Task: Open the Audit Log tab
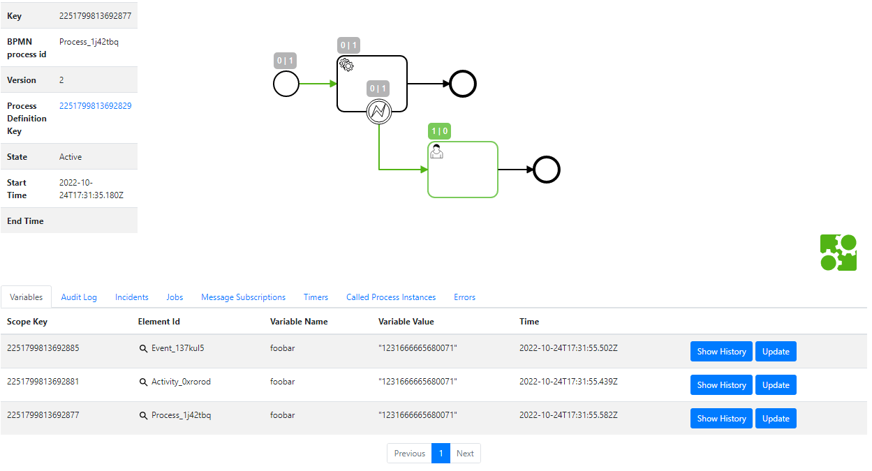click(x=79, y=297)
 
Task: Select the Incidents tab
click(x=132, y=297)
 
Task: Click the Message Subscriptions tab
click(x=243, y=297)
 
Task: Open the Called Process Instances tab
click(x=391, y=297)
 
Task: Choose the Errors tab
click(x=464, y=297)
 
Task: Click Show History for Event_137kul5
click(x=721, y=352)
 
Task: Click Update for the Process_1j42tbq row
click(x=776, y=419)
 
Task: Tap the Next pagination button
click(x=465, y=454)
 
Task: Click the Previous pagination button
click(x=409, y=454)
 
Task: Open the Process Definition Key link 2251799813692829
click(x=96, y=106)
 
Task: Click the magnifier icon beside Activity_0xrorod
click(x=144, y=382)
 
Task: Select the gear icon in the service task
click(x=346, y=65)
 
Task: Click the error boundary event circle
click(x=378, y=111)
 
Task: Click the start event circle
click(x=286, y=84)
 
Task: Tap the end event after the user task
click(x=547, y=170)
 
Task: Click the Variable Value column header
click(x=406, y=322)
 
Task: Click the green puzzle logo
click(x=838, y=253)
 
